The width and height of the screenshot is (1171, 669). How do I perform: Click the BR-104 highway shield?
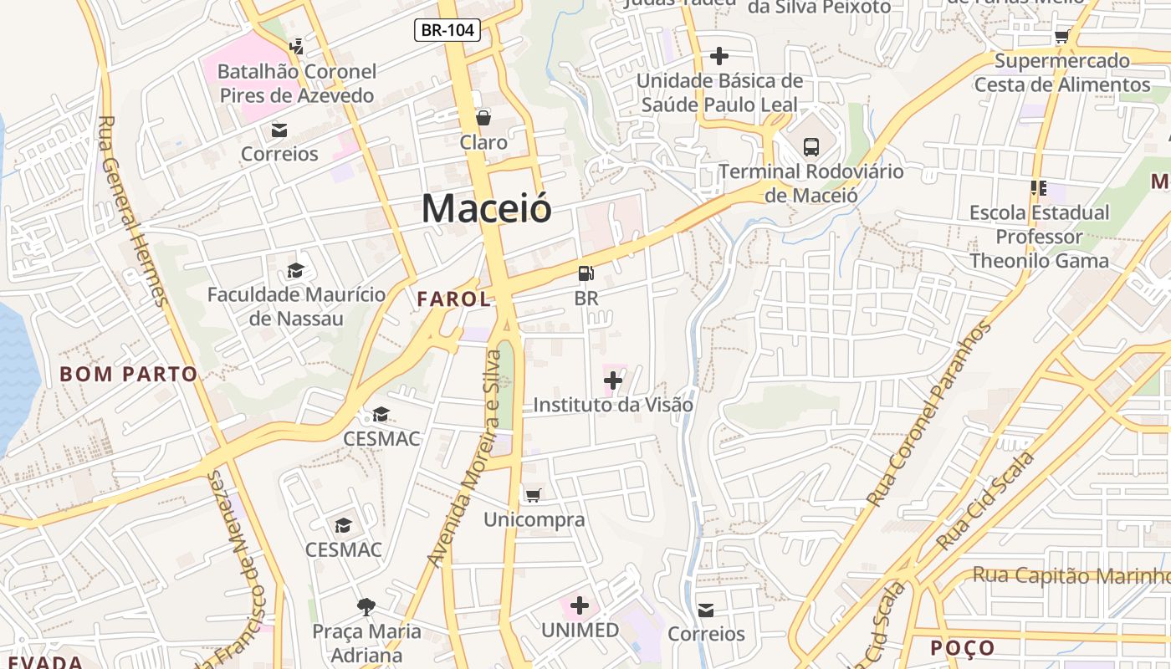(x=447, y=30)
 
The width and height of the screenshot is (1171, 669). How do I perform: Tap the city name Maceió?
(x=486, y=208)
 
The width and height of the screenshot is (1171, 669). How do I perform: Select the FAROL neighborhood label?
(x=453, y=299)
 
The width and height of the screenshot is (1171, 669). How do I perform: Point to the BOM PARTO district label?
(x=129, y=374)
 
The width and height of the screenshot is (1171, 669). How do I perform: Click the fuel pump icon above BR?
(x=586, y=273)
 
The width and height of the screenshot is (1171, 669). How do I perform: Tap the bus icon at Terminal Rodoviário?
(x=810, y=147)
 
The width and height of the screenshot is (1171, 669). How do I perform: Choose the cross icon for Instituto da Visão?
(x=613, y=381)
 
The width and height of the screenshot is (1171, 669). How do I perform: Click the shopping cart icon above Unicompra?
(x=533, y=495)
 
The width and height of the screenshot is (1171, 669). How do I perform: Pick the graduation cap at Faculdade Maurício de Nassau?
(x=296, y=270)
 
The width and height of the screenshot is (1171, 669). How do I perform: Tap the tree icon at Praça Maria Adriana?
(x=366, y=606)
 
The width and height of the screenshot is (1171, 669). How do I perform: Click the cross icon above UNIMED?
(x=580, y=605)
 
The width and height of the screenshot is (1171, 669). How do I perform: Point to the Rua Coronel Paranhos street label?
(x=929, y=414)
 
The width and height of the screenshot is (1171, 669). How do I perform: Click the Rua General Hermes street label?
(x=132, y=211)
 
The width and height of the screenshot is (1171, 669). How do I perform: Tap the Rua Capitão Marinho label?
(x=1071, y=576)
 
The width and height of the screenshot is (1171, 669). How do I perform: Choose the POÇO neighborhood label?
(x=963, y=648)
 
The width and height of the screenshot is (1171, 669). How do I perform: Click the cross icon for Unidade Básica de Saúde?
(x=719, y=57)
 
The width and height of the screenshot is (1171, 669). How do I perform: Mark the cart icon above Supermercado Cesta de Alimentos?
(x=1062, y=36)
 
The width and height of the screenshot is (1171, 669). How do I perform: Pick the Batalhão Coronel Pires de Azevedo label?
(x=297, y=84)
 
